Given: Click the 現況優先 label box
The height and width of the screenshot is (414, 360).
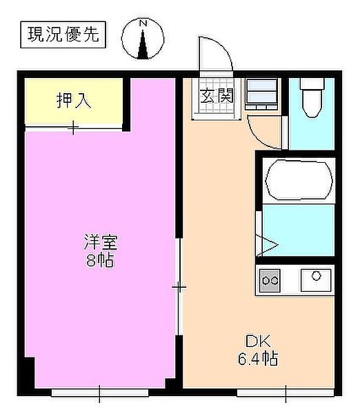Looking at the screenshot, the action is [x=63, y=35].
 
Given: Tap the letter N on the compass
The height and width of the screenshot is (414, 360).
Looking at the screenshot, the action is [x=143, y=23].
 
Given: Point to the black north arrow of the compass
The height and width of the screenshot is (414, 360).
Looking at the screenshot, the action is [x=143, y=44].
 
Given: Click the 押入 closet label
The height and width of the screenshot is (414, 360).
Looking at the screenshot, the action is [x=74, y=100].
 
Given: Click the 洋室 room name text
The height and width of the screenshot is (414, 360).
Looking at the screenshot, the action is [x=101, y=242].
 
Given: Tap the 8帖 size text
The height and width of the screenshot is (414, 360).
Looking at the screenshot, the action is [x=100, y=260].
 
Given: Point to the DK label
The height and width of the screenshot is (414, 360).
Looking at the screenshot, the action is [x=258, y=342].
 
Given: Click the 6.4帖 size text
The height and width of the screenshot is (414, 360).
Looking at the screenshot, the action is [x=258, y=359].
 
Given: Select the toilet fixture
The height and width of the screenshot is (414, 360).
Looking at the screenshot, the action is [x=312, y=97].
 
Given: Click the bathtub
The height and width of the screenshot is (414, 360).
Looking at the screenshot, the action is [x=299, y=180].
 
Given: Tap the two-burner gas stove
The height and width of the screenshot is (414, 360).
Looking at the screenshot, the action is [x=270, y=280].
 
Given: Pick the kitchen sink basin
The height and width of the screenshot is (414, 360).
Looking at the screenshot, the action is [x=316, y=280].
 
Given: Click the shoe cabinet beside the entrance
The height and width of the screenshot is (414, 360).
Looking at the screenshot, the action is [x=261, y=94].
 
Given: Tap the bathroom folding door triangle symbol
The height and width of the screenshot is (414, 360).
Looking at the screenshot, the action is [x=267, y=245].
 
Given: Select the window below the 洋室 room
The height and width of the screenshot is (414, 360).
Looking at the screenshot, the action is [x=100, y=393].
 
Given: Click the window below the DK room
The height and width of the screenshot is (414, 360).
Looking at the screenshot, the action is [x=286, y=393].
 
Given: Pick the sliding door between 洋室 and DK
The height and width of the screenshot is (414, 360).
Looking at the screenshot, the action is [x=179, y=287].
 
